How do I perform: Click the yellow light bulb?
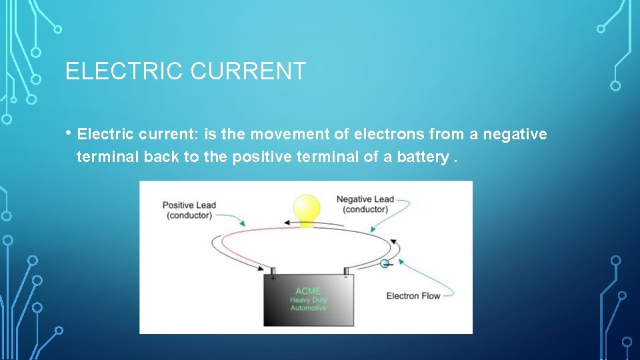tap(307, 208)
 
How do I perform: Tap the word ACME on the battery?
tap(308, 291)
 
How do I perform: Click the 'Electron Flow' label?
tap(413, 295)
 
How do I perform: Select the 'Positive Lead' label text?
tap(189, 205)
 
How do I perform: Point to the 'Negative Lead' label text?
tap(365, 199)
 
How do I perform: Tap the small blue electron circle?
tap(385, 264)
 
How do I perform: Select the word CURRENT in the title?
tap(248, 71)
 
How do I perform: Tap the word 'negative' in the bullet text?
tap(515, 135)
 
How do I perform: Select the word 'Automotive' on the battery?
tap(308, 308)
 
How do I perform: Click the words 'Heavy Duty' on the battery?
tap(308, 299)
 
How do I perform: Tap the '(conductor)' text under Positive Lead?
tap(189, 215)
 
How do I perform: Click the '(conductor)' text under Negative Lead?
tap(365, 209)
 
